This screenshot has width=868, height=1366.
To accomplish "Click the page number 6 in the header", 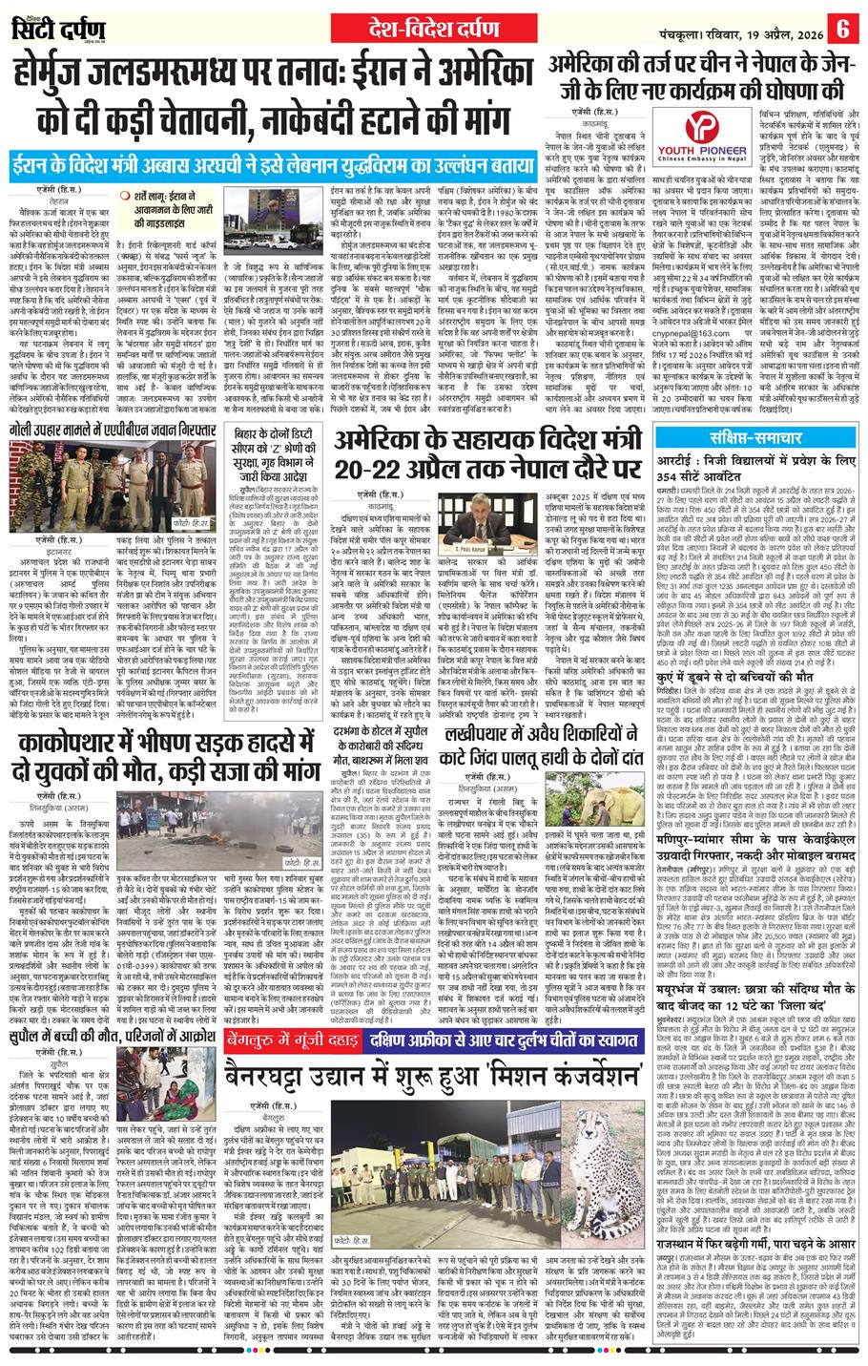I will coord(844,26).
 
